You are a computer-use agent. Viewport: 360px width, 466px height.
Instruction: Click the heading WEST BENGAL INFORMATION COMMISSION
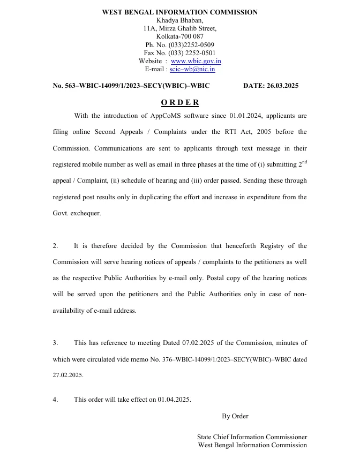click(x=179, y=12)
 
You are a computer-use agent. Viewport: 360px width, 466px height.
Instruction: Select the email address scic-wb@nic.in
click(x=192, y=69)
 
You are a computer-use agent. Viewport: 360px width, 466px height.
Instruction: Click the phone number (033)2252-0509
click(x=191, y=44)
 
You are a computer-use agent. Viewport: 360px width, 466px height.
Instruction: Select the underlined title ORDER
click(x=179, y=102)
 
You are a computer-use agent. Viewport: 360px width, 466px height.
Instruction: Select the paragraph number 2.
click(x=55, y=246)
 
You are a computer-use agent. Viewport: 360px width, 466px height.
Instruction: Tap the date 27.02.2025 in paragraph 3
click(x=68, y=375)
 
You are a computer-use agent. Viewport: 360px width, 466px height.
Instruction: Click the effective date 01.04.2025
click(x=174, y=400)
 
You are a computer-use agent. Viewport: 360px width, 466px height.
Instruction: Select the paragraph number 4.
click(x=55, y=400)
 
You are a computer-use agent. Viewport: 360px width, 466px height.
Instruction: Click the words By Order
click(x=235, y=416)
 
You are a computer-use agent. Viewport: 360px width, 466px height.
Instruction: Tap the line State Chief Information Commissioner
click(x=252, y=437)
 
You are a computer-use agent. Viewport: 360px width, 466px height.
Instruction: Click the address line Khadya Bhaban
click(x=179, y=20)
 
